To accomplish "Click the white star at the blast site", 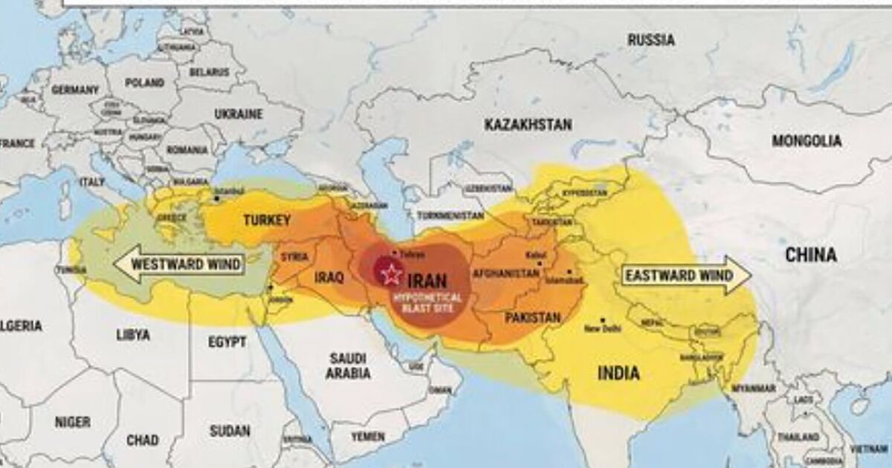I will point(390,274).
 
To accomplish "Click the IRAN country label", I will point(427,280).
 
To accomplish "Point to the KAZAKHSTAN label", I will point(528,125).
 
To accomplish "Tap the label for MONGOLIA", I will point(807,140).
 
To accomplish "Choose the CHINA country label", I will point(811,255).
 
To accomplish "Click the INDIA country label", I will point(618,373).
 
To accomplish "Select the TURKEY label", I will point(267,220).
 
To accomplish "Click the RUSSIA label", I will point(651,40).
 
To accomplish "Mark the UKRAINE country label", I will point(239,114).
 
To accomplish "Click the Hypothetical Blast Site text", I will point(428,302).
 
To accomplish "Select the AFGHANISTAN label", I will point(505,273).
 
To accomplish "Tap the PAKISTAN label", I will point(532,318).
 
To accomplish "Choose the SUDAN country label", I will point(230,431).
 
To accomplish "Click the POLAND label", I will point(144,82).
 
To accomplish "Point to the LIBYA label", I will point(133,335).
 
